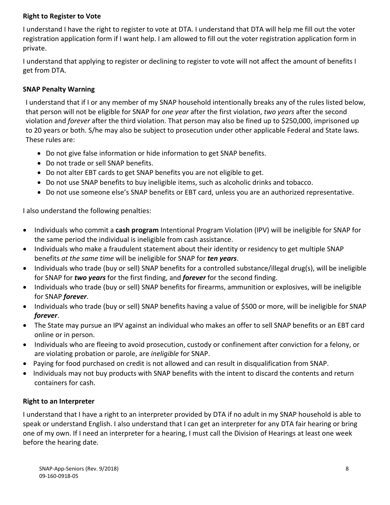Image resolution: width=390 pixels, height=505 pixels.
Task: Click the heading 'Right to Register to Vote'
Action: click(x=62, y=16)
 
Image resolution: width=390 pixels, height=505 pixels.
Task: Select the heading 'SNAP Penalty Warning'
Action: click(x=59, y=89)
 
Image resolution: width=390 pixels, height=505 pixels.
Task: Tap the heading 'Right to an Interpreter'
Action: click(x=59, y=401)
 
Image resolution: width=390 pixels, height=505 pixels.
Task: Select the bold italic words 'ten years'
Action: click(x=222, y=258)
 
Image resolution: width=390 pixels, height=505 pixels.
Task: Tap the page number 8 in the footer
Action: click(x=347, y=468)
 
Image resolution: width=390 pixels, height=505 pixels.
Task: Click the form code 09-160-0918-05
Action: click(x=59, y=476)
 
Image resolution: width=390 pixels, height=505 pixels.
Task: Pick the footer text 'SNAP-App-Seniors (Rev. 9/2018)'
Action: click(x=79, y=468)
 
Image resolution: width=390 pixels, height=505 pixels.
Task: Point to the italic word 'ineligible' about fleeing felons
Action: click(x=165, y=353)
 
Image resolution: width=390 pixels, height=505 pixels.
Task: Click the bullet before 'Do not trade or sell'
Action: click(x=39, y=163)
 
